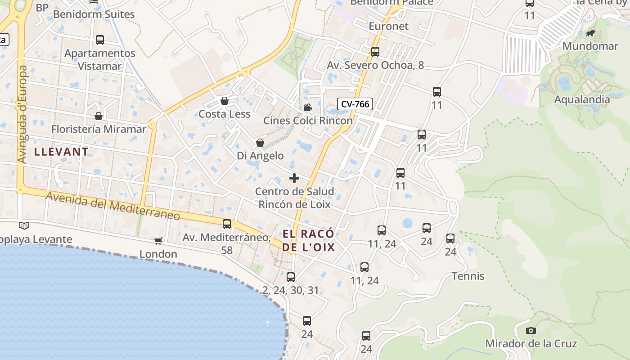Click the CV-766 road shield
tap(355, 104)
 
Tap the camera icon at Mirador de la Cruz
tap(531, 331)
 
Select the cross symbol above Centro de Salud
tap(294, 178)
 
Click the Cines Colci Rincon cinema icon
tap(308, 108)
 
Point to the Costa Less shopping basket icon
tap(224, 101)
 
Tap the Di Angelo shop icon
tap(260, 143)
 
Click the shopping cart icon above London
tap(158, 241)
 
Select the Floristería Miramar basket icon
tap(99, 116)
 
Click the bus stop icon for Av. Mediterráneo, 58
tap(227, 224)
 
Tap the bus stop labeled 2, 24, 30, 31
tap(291, 277)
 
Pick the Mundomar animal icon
tap(590, 33)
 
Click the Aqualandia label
tap(582, 99)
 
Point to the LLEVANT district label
tap(61, 152)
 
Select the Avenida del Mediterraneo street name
tap(112, 206)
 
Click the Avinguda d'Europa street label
tap(22, 114)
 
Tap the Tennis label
tap(468, 276)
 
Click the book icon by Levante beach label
tap(24, 225)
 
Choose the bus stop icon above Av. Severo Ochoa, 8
tap(375, 51)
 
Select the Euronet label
tap(388, 26)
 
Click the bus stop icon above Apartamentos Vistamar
tap(100, 40)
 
